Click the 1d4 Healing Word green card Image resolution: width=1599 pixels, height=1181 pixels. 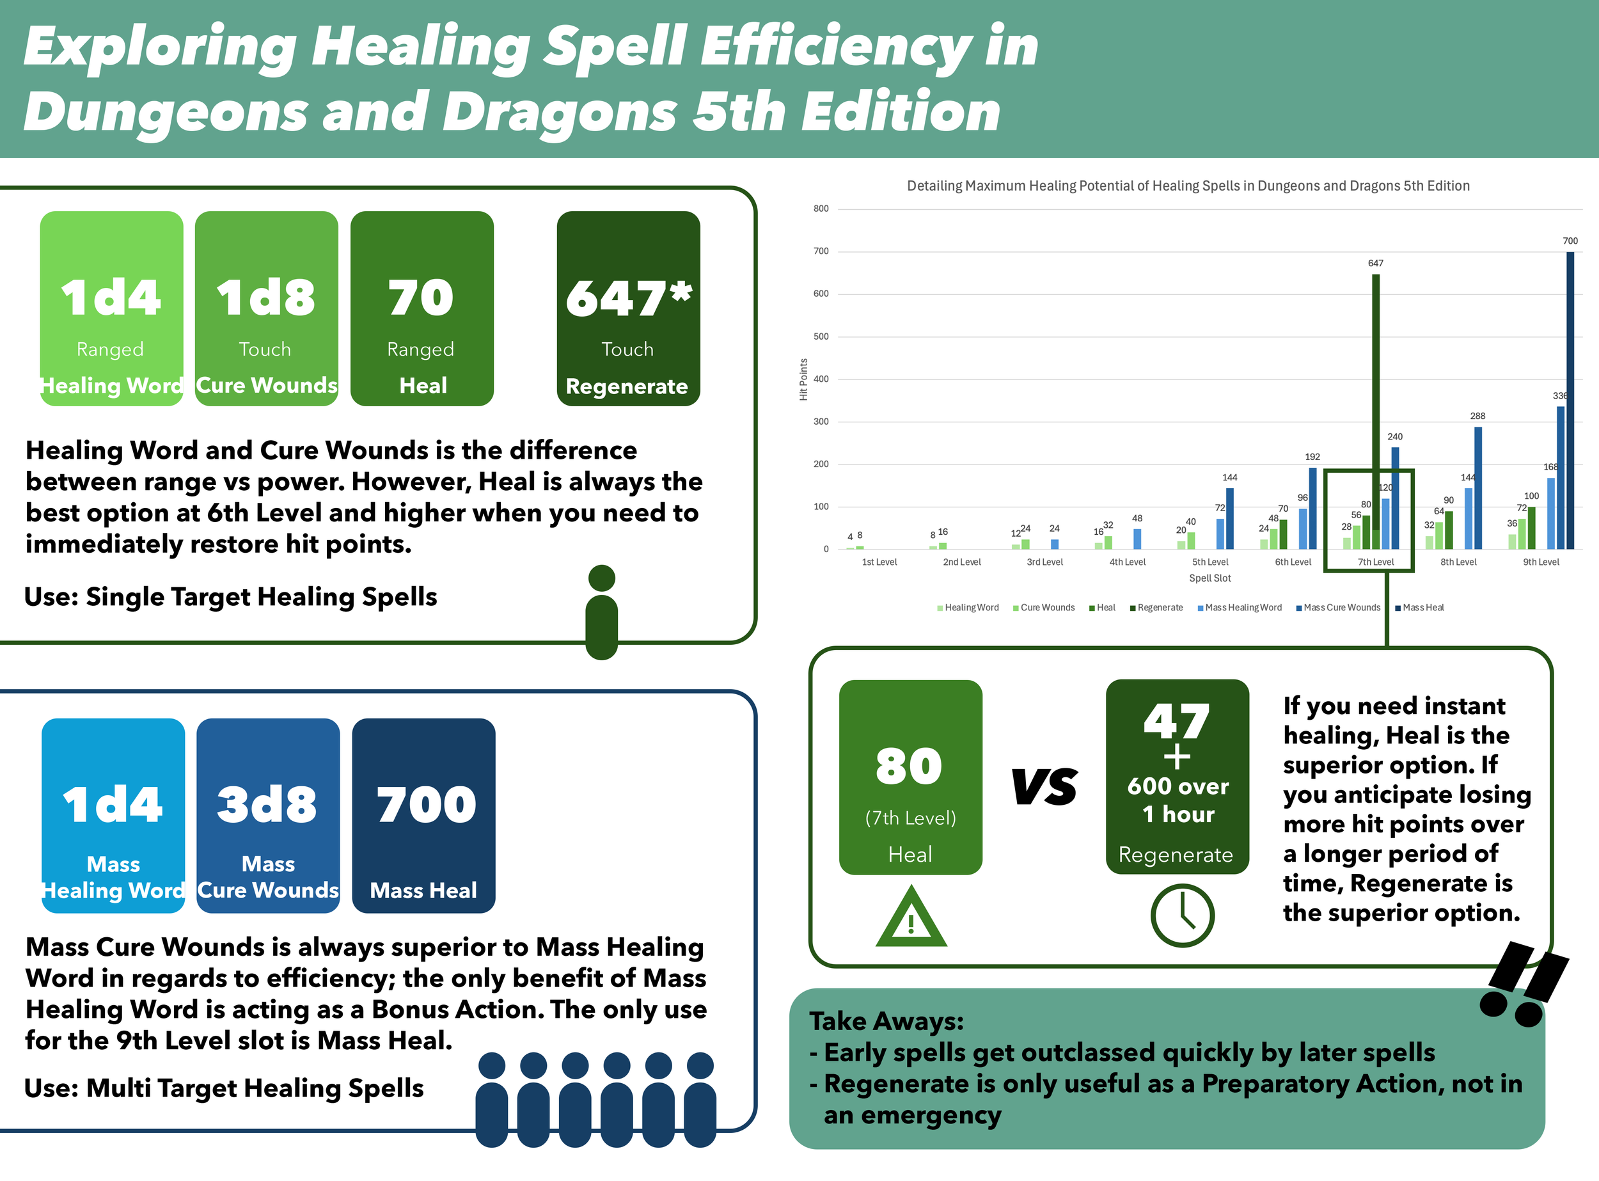click(111, 308)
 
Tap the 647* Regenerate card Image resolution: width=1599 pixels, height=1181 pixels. click(627, 308)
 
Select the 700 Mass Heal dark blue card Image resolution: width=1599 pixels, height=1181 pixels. click(423, 816)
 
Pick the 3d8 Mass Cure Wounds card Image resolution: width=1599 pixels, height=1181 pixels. click(268, 816)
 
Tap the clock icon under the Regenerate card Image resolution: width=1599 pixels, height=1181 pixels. click(1181, 915)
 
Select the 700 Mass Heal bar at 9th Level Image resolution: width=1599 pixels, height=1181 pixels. click(1570, 400)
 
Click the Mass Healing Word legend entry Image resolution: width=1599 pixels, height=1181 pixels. click(1242, 608)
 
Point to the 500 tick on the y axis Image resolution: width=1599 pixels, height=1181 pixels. click(821, 337)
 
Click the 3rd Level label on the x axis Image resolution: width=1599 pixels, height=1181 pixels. click(1044, 562)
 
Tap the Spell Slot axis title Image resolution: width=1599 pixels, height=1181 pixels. click(1209, 578)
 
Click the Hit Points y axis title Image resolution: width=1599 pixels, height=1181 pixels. click(803, 379)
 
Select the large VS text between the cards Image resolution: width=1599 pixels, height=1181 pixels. click(1044, 786)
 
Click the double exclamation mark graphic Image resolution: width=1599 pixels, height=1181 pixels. click(1524, 985)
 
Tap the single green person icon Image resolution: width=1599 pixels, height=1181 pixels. click(601, 612)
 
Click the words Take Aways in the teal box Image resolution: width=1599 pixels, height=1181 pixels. click(886, 1021)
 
